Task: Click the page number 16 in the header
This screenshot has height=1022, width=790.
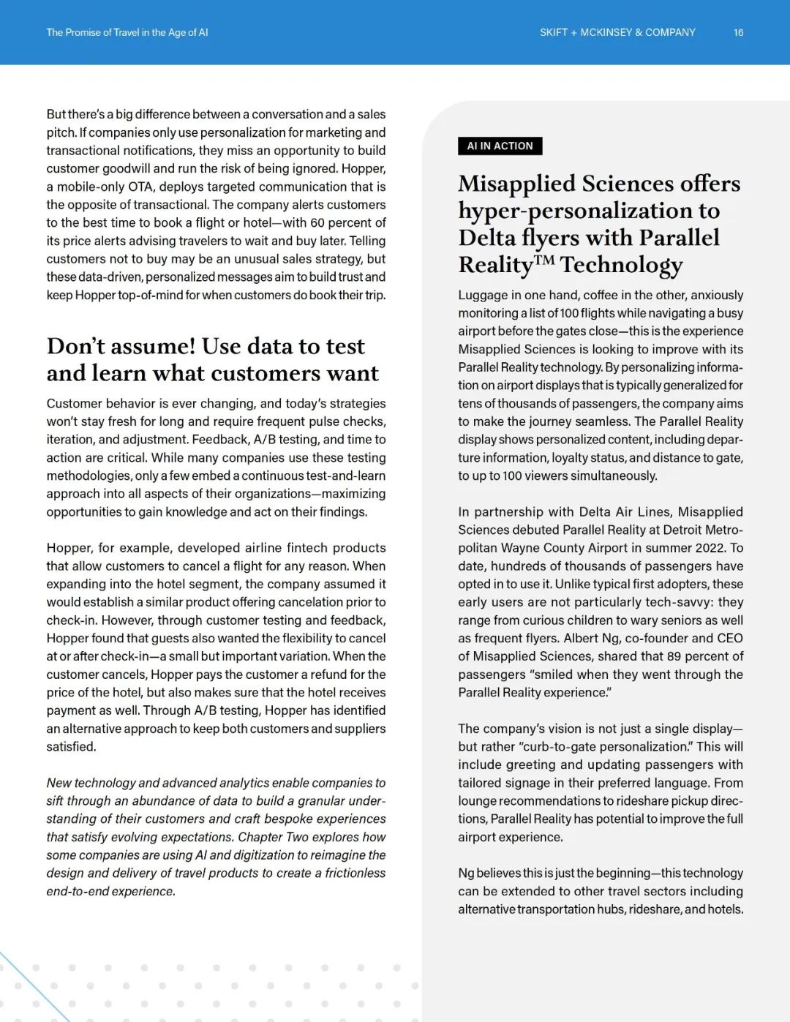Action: (738, 32)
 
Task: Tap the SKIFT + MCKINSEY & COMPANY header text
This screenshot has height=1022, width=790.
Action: (617, 32)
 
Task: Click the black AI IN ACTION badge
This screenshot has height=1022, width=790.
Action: (500, 146)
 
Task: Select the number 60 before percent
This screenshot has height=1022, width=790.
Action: (317, 222)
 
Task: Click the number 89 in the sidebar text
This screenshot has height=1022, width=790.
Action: (674, 656)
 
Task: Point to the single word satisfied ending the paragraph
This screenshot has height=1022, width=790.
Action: (70, 746)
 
